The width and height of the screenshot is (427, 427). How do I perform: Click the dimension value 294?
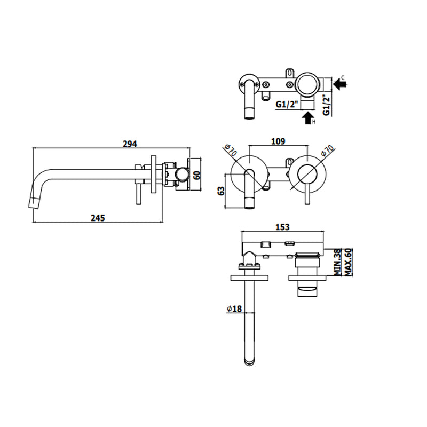coord(130,144)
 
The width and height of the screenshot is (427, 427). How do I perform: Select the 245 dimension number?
coord(97,217)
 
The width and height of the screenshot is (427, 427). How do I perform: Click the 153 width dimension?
coord(282,227)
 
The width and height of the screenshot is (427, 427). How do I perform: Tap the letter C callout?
coord(343,78)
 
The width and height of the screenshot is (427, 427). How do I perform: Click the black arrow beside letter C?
coord(337,83)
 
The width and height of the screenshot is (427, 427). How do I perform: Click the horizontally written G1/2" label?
coord(287,105)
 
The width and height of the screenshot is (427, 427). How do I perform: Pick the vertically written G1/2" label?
coord(327,104)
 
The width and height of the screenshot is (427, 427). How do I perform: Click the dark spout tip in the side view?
coord(34,203)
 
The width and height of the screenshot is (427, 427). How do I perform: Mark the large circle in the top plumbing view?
coord(307,84)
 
